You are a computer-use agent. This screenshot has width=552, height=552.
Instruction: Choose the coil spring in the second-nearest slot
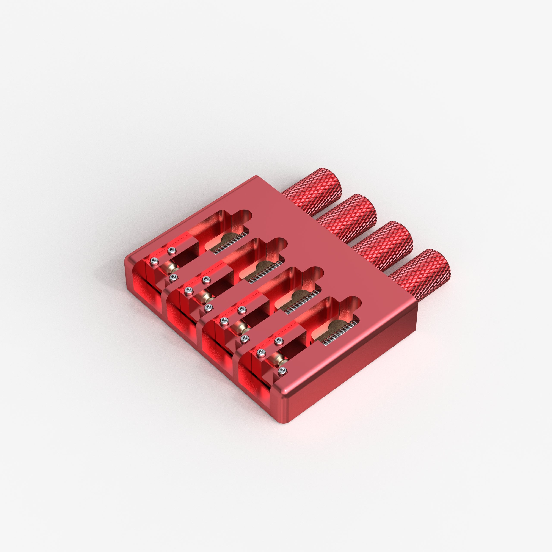[303, 303]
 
